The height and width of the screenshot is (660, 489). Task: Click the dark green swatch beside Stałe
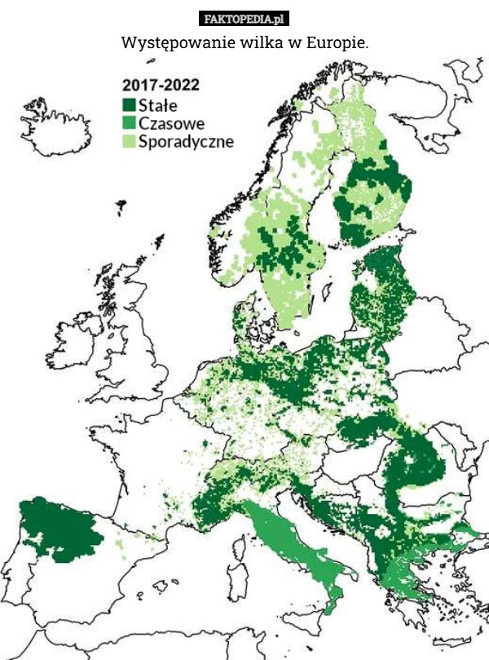click(129, 105)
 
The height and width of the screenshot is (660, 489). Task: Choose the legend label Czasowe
click(171, 123)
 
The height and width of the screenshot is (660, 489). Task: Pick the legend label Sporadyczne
click(186, 141)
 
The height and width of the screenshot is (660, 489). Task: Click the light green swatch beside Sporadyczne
click(129, 141)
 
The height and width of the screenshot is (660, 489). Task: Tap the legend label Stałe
click(158, 105)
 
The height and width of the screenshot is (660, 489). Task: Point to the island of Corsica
click(240, 545)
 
